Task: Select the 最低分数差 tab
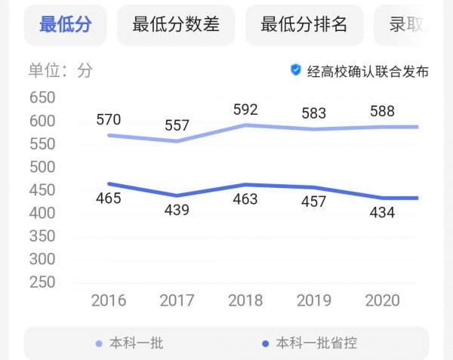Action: coord(176,24)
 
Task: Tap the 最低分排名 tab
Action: coord(304,24)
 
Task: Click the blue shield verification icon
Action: coord(296,70)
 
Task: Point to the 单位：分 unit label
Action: coord(60,71)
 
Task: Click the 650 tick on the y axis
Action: coord(42,98)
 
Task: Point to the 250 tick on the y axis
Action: coord(42,282)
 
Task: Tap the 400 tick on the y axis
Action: coord(42,214)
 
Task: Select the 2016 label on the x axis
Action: coord(109,301)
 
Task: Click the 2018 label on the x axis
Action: coord(245,301)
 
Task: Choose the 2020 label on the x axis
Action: coord(382,301)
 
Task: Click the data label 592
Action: coord(245,109)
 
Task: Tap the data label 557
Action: coord(177,125)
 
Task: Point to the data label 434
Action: coord(382,214)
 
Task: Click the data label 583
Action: coord(313,113)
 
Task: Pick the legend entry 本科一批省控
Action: coord(316,343)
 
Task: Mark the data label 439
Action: coord(177,211)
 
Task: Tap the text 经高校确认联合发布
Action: coord(368,71)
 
